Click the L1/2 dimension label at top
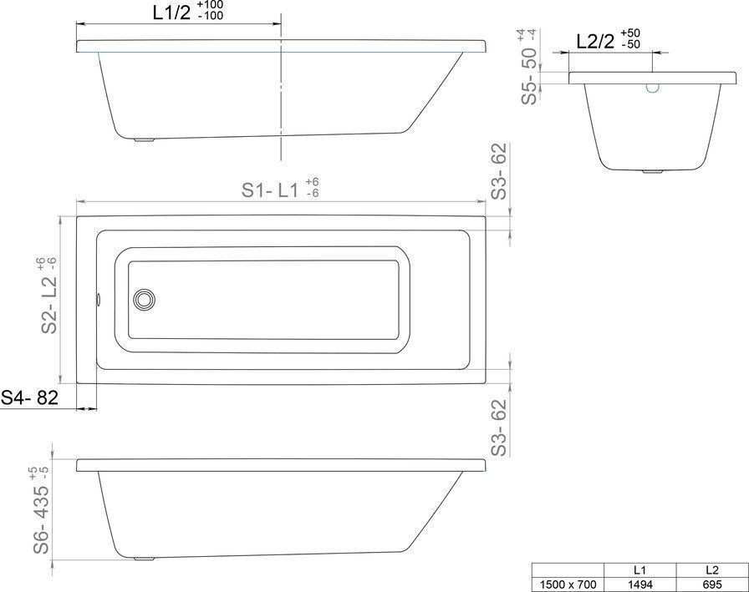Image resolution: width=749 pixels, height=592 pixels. [171, 13]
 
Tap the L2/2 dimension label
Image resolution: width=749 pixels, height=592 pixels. [595, 42]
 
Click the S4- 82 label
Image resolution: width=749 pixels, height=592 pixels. [29, 397]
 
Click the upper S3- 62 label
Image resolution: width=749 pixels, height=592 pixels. [498, 171]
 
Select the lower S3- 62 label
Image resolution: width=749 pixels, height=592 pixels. [498, 427]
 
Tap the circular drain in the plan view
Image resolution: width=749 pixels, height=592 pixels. [144, 300]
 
